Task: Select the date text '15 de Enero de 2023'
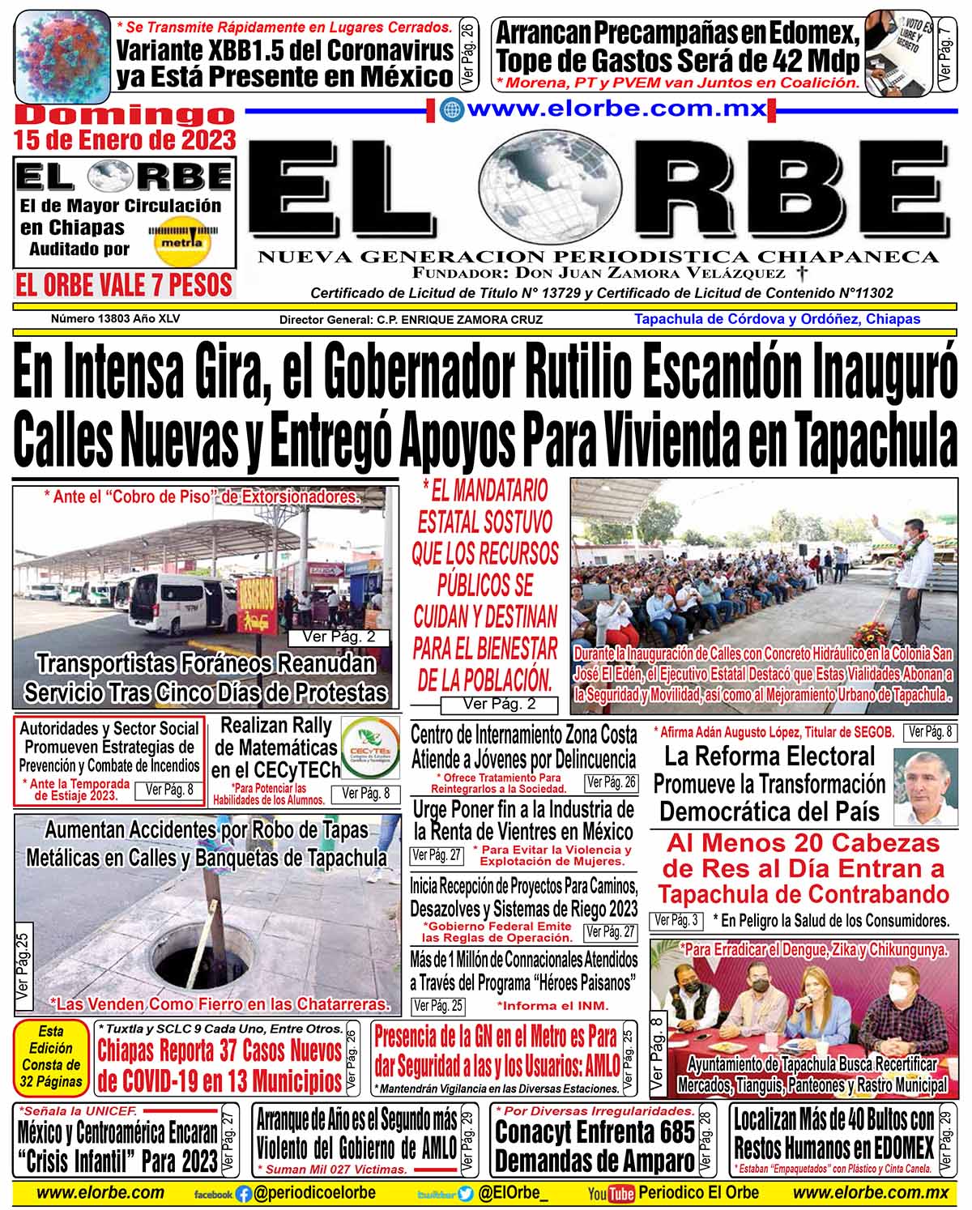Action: tap(126, 140)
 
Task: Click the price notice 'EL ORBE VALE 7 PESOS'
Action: tap(124, 285)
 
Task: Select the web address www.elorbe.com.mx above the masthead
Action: tap(616, 109)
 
